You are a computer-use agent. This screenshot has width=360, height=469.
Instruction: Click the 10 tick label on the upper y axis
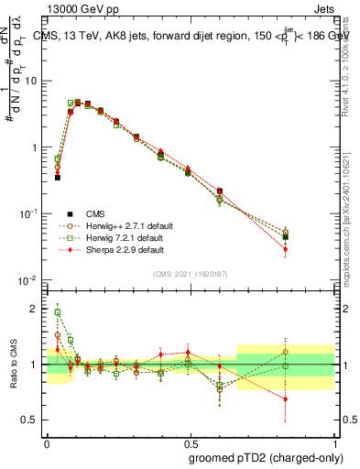click(x=32, y=81)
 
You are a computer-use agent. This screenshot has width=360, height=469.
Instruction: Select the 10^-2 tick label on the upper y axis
click(x=30, y=279)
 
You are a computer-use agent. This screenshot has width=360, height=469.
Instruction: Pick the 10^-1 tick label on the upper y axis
click(x=30, y=213)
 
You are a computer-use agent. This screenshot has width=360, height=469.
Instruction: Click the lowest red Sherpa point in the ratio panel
click(x=311, y=398)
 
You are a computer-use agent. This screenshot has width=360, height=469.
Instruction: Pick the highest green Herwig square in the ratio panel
click(x=57, y=312)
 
